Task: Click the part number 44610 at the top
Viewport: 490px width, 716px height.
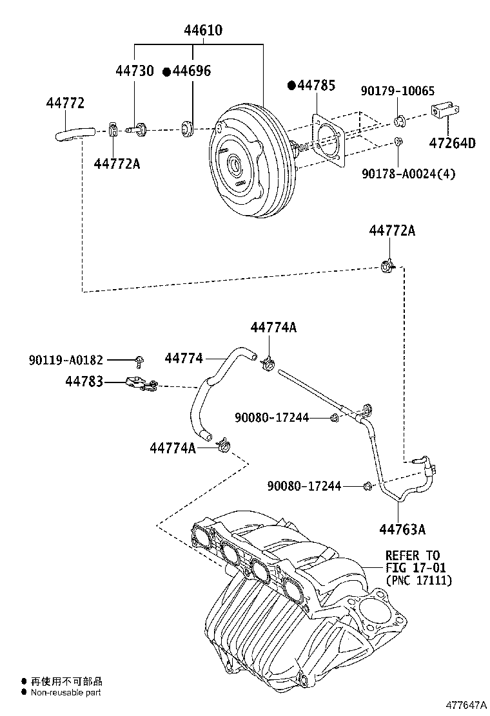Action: click(202, 30)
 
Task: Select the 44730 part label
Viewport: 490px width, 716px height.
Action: click(135, 71)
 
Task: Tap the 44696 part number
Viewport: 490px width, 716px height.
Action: click(191, 71)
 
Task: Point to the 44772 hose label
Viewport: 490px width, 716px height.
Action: click(65, 103)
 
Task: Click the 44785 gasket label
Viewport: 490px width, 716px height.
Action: click(315, 86)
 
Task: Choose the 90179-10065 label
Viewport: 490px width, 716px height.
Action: click(397, 91)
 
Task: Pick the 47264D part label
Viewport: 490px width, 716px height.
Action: click(453, 143)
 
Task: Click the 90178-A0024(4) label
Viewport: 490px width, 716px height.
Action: click(407, 173)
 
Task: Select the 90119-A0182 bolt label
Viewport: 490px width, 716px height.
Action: click(66, 360)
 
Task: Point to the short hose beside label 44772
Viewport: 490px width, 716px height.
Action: click(73, 134)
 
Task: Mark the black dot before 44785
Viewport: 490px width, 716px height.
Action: click(291, 86)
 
